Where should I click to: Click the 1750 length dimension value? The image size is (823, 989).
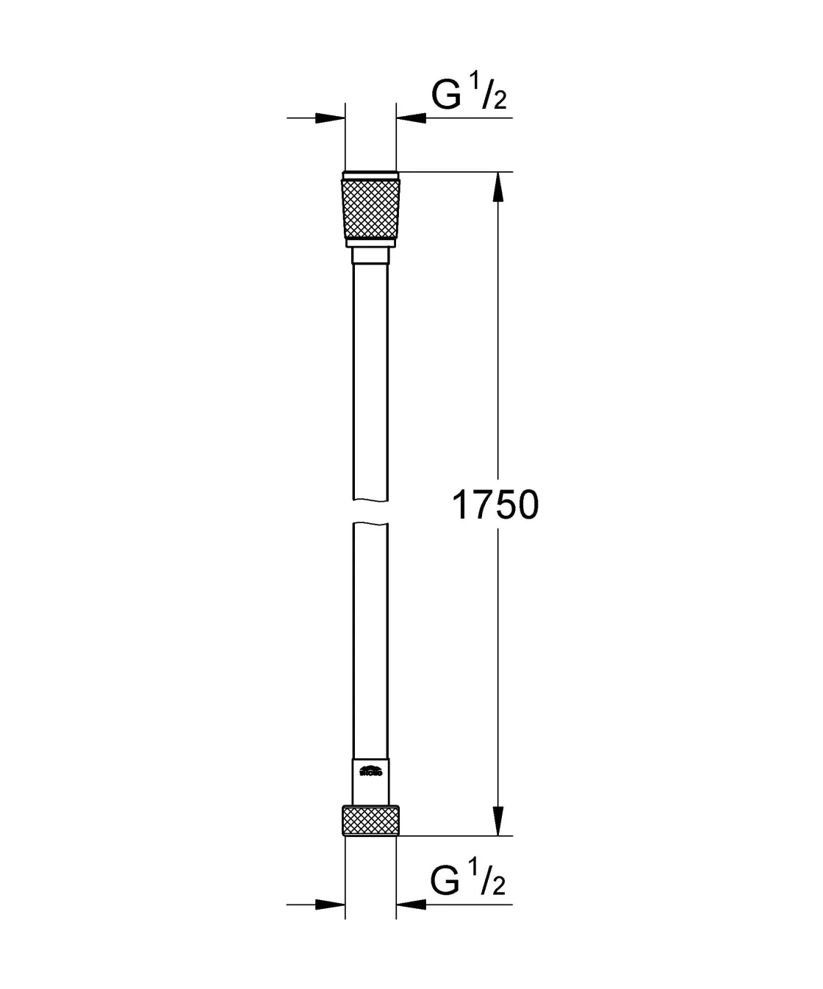pyautogui.click(x=495, y=506)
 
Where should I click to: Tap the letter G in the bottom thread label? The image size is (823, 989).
pyautogui.click(x=446, y=881)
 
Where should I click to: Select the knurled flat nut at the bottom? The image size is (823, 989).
pyautogui.click(x=370, y=821)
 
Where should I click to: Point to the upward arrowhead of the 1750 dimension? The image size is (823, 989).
pyautogui.click(x=498, y=187)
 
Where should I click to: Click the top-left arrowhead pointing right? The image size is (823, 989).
pyautogui.click(x=330, y=118)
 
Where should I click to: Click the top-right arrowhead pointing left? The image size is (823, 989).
pyautogui.click(x=412, y=118)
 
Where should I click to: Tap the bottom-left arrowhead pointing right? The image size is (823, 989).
pyautogui.click(x=330, y=905)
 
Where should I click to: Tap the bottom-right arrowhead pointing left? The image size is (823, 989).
pyautogui.click(x=412, y=905)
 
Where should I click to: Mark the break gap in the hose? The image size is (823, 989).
pyautogui.click(x=370, y=513)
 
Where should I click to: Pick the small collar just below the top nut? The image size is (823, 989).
pyautogui.click(x=370, y=256)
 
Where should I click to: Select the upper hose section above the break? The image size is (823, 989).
pyautogui.click(x=370, y=382)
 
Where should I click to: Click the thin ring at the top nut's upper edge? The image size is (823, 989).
pyautogui.click(x=370, y=176)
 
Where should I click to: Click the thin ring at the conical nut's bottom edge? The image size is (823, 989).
pyautogui.click(x=370, y=242)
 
